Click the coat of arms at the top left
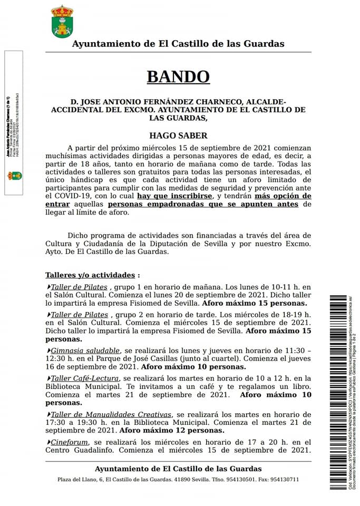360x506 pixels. [62, 22]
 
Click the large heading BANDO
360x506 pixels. [178, 76]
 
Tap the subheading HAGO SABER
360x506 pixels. [178, 135]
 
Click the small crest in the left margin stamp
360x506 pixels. [14, 176]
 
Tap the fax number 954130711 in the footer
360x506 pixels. [284, 480]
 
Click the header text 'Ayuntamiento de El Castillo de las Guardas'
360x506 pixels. [178, 44]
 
